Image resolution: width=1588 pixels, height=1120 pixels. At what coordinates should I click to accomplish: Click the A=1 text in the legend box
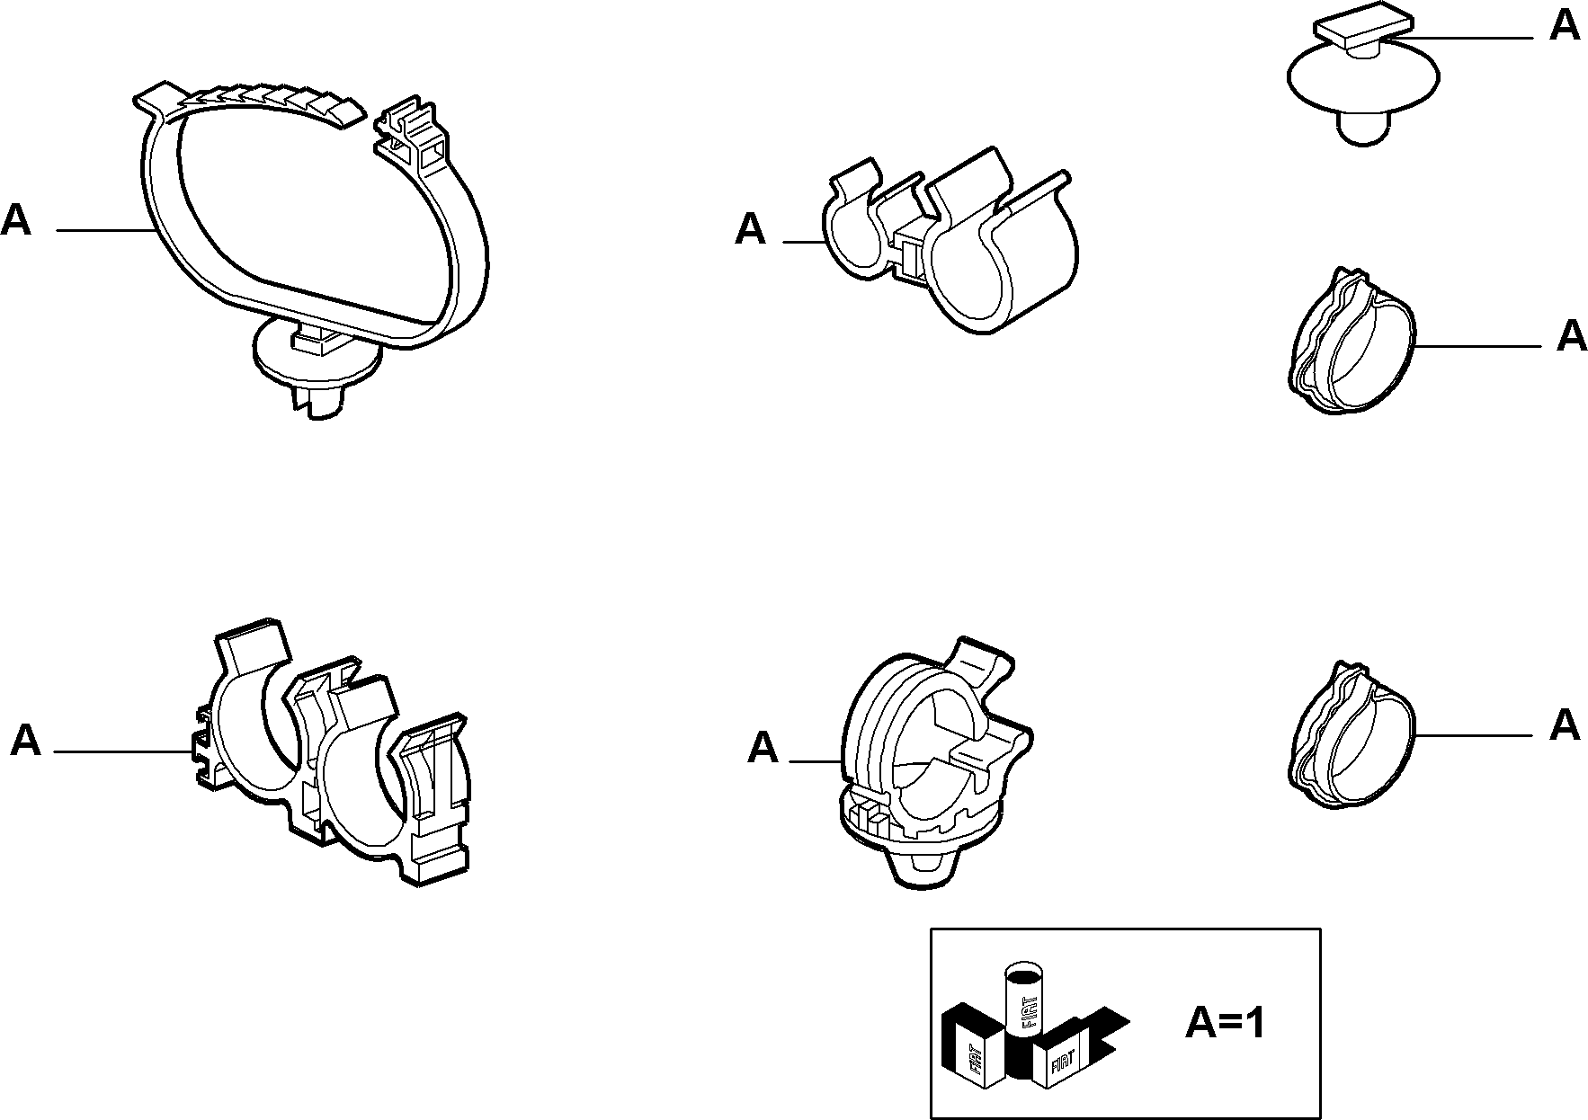[1225, 1022]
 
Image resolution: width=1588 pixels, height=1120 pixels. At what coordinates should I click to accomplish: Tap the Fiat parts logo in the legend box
[1035, 1026]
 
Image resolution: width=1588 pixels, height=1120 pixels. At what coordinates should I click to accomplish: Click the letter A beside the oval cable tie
[16, 219]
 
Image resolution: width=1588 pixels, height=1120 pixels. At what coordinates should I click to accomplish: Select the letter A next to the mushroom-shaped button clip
[1566, 26]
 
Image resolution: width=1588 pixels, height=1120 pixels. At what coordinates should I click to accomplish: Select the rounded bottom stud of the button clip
[1364, 128]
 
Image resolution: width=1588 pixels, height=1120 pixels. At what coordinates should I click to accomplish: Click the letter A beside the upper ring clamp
[1572, 335]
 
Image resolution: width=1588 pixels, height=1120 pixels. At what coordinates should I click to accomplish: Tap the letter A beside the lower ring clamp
[1566, 724]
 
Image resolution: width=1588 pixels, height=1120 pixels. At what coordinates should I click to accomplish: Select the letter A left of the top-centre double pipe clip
[750, 229]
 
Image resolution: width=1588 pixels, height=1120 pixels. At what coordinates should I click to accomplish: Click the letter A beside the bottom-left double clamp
[25, 741]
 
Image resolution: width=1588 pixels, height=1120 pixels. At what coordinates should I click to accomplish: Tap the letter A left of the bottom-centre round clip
[763, 747]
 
